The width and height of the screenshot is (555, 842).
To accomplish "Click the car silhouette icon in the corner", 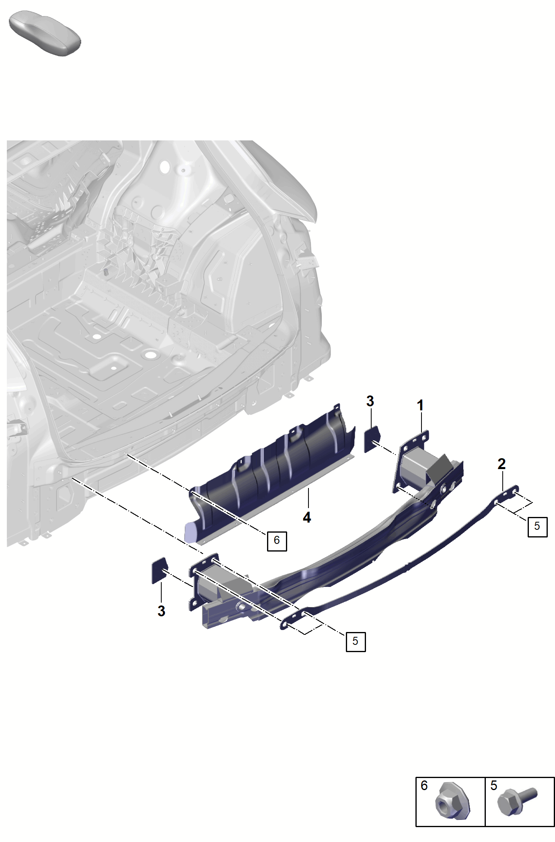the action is point(45,33).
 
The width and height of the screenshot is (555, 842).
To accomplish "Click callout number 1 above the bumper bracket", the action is point(420,406).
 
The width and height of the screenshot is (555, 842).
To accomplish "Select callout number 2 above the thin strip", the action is point(502,464).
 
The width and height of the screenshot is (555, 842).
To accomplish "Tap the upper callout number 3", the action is point(370,401).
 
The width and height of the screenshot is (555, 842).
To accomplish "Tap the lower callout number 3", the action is point(161,611).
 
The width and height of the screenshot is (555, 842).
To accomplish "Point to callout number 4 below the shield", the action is point(307,517).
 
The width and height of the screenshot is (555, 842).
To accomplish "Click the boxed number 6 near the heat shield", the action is point(277,541).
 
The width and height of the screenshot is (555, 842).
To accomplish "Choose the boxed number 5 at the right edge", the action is point(537,527).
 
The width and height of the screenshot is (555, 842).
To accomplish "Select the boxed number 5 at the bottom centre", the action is point(356,641).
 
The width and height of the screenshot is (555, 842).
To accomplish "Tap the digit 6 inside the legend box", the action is point(424,786).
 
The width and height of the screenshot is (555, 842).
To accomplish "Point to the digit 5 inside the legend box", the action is point(494,786).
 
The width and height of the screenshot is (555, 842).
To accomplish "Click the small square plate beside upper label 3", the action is point(372,439).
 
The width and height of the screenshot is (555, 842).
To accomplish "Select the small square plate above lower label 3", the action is point(159,570).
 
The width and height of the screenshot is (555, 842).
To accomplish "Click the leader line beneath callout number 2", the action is point(503,481).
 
